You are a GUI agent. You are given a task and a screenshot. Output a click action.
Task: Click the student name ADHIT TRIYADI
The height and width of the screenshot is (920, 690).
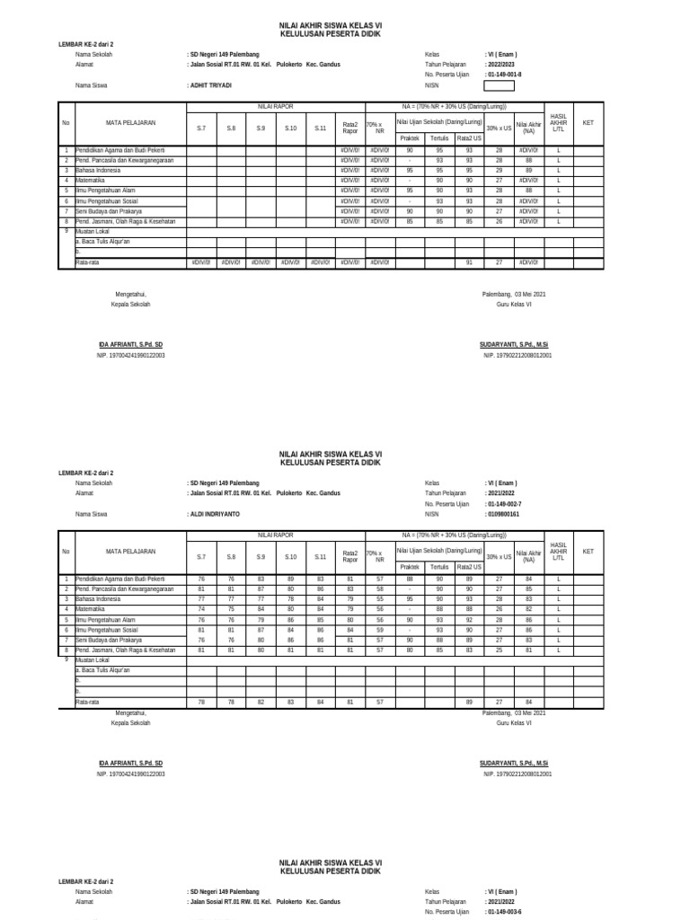[209, 85]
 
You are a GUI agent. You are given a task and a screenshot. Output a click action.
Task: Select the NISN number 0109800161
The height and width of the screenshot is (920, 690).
[502, 515]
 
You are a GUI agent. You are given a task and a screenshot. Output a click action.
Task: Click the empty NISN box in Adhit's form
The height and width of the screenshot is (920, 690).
[500, 86]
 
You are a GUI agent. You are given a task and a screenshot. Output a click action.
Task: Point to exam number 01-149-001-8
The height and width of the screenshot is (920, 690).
[503, 75]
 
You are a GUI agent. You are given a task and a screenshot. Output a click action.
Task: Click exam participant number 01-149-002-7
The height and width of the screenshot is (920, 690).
[503, 504]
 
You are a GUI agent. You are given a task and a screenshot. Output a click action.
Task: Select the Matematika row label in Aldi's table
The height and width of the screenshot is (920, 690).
[93, 608]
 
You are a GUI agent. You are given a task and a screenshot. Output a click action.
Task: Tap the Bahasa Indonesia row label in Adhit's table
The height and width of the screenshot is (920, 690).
[99, 169]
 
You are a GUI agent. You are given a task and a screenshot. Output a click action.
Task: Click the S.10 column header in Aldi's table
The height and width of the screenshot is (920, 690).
[290, 557]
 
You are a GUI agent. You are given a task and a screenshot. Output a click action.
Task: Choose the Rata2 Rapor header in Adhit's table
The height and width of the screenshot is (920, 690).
[349, 128]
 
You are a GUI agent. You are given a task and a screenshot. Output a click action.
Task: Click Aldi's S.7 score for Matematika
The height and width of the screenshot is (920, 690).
[201, 608]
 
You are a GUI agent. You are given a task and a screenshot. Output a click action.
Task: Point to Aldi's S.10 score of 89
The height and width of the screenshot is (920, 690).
[290, 579]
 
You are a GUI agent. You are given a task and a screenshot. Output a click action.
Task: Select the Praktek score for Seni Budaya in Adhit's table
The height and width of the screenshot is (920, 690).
[410, 210]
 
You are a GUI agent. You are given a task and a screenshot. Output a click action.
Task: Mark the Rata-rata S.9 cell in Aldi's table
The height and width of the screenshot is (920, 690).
[261, 701]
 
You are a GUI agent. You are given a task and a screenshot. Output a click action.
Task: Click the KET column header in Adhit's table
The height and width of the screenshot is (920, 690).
[588, 122]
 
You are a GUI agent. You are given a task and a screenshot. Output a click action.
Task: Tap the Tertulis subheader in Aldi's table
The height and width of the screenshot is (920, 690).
[439, 567]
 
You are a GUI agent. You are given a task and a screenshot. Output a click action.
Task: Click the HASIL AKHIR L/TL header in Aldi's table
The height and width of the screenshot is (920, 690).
[558, 552]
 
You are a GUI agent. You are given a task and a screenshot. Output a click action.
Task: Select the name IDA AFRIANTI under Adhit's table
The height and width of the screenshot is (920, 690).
[130, 344]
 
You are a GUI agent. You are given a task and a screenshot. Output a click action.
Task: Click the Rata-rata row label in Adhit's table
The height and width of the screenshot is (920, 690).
[87, 262]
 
